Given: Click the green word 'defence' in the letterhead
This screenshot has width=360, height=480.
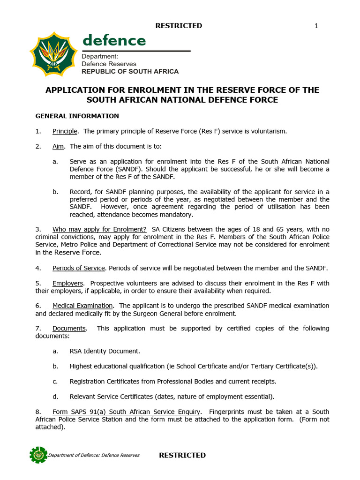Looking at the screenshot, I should pyautogui.click(x=114, y=40).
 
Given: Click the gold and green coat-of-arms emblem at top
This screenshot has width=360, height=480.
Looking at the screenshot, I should pyautogui.click(x=53, y=55).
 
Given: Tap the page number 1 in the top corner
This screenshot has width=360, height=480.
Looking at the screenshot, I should pyautogui.click(x=316, y=26).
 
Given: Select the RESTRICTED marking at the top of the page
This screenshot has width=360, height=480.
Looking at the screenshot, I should pyautogui.click(x=180, y=26).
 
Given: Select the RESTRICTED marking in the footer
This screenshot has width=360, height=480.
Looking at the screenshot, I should pyautogui.click(x=182, y=455).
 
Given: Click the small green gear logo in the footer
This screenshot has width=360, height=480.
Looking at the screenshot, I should pyautogui.click(x=38, y=455).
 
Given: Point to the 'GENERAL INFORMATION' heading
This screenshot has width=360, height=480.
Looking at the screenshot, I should pyautogui.click(x=77, y=116).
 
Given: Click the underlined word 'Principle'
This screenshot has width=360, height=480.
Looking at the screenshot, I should pyautogui.click(x=65, y=131).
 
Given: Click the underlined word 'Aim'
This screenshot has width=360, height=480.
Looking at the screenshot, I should pyautogui.click(x=59, y=146).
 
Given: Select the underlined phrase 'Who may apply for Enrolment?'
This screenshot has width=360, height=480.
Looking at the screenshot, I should pyautogui.click(x=99, y=229).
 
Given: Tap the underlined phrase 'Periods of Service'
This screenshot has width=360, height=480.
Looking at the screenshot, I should pyautogui.click(x=79, y=268).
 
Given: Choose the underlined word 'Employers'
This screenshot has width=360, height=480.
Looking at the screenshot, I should pyautogui.click(x=68, y=283).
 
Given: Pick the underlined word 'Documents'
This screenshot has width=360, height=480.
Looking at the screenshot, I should pyautogui.click(x=69, y=328).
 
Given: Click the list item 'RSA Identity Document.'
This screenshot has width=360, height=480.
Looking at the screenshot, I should pyautogui.click(x=105, y=351).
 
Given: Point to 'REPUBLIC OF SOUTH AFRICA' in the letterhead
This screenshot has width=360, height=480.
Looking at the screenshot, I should pyautogui.click(x=130, y=71).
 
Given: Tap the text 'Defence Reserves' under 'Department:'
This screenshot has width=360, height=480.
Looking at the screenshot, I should pyautogui.click(x=109, y=64).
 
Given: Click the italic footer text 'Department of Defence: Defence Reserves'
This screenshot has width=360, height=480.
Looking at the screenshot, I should pyautogui.click(x=94, y=456).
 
